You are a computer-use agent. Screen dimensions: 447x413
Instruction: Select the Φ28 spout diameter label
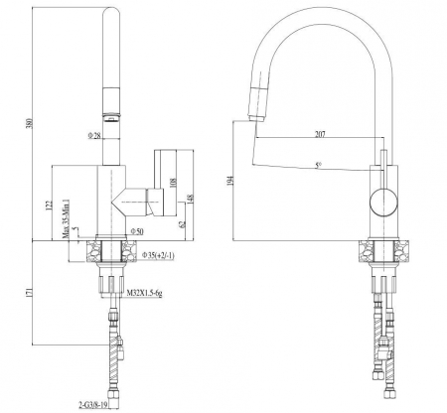click(94, 135)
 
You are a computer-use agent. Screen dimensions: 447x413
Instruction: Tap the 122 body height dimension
click(49, 206)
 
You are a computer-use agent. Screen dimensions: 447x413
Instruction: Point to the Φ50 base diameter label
click(137, 231)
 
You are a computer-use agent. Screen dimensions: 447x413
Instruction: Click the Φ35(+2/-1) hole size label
click(158, 255)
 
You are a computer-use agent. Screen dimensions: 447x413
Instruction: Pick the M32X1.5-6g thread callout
click(144, 293)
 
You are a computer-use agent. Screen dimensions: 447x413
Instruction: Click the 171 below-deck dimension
click(29, 292)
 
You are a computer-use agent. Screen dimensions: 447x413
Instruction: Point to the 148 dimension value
click(191, 200)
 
